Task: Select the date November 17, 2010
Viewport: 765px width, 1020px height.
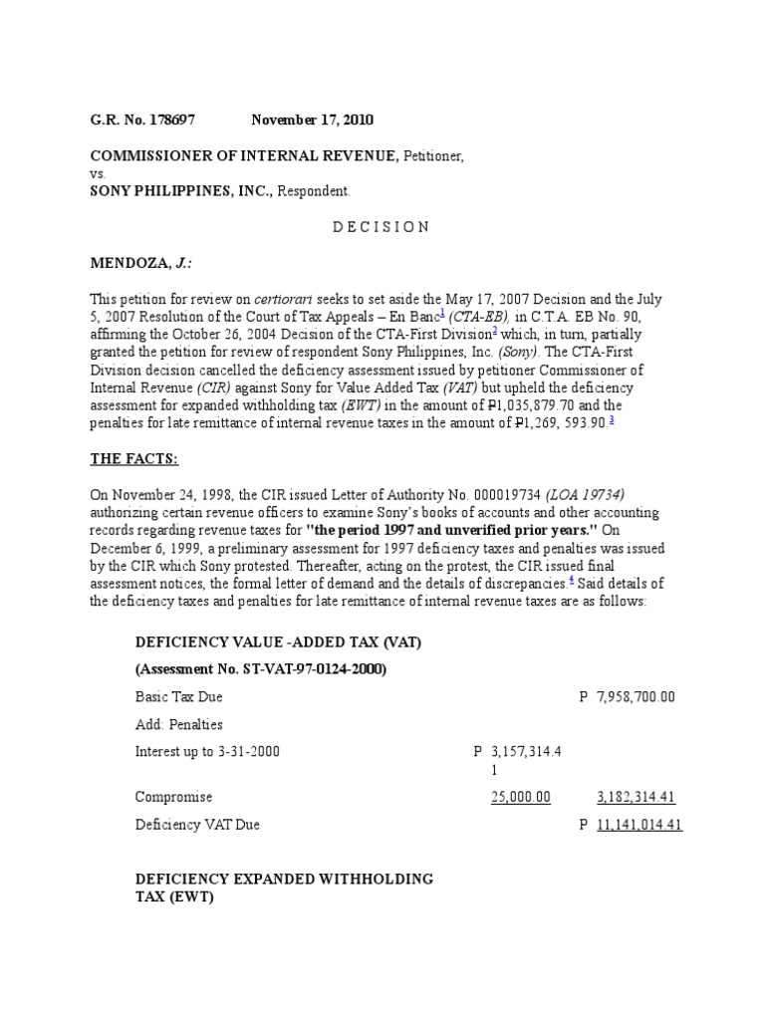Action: click(x=312, y=121)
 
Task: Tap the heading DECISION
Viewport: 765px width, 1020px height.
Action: click(x=382, y=227)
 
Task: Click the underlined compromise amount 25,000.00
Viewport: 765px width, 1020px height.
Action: click(x=521, y=798)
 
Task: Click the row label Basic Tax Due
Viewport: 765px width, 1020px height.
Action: click(x=178, y=697)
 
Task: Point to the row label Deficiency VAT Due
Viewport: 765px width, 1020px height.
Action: click(x=198, y=826)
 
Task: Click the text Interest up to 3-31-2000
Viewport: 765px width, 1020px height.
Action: click(x=207, y=752)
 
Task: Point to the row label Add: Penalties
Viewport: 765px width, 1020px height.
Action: click(x=179, y=725)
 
